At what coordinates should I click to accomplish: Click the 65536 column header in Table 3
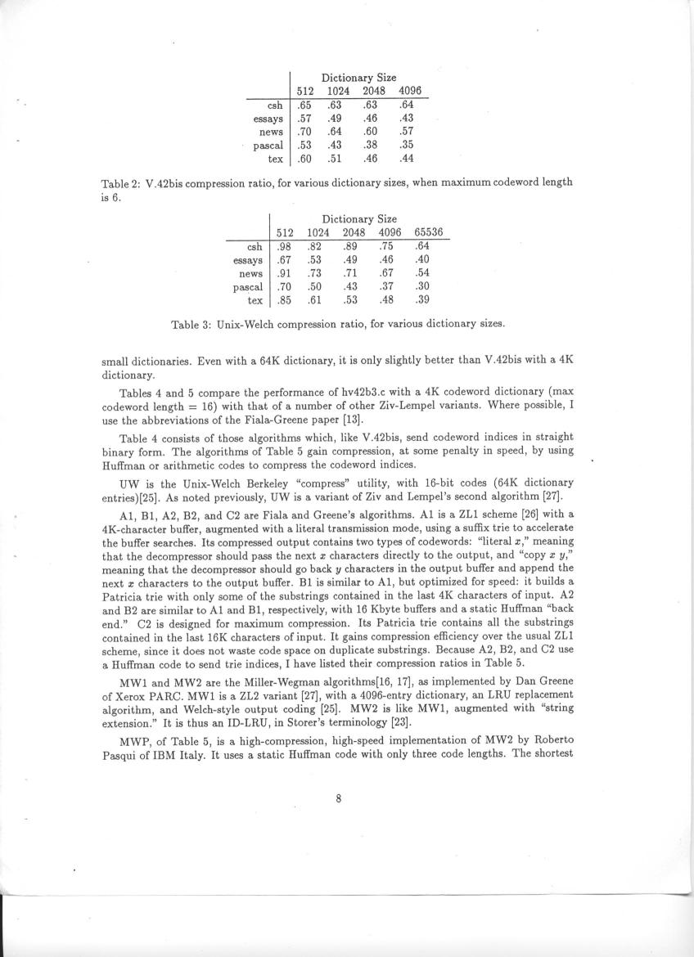tap(428, 232)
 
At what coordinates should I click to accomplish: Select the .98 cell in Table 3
tap(284, 246)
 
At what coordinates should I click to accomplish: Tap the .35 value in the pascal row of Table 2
tap(407, 146)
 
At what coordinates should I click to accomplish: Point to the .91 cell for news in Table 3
tap(284, 273)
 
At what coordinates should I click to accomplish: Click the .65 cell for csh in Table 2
tap(304, 105)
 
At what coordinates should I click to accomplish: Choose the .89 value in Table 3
tap(351, 246)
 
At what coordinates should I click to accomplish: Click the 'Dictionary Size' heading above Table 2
tap(358, 78)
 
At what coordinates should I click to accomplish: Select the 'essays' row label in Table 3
tap(247, 260)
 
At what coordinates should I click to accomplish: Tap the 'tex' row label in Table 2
tap(275, 159)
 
